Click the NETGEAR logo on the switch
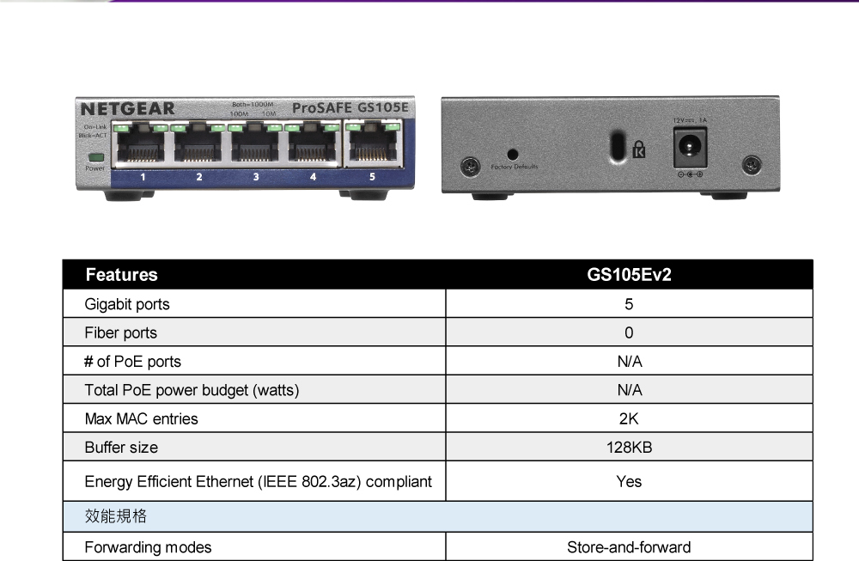[x=127, y=109]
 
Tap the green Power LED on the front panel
[x=95, y=157]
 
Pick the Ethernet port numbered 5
[x=372, y=145]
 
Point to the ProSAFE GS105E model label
[x=350, y=108]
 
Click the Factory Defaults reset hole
[x=513, y=154]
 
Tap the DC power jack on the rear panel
[x=690, y=147]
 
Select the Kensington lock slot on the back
[x=616, y=145]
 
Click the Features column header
[x=122, y=275]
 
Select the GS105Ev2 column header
[x=629, y=275]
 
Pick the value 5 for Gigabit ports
[x=629, y=304]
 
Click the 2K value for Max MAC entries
[x=629, y=419]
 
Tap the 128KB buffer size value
[x=629, y=448]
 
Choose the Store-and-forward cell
[x=629, y=547]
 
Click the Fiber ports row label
[x=121, y=333]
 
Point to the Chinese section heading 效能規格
[x=116, y=516]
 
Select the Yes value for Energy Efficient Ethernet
[x=629, y=482]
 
